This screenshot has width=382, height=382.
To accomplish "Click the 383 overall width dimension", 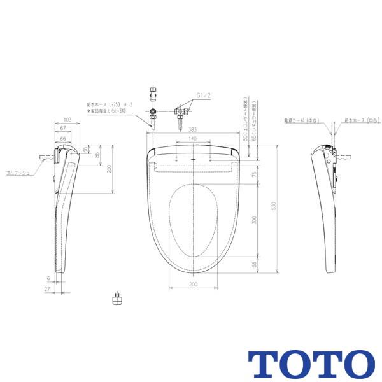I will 192,129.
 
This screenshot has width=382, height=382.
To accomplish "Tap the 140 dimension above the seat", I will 192,138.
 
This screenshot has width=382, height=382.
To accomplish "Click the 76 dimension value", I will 253,174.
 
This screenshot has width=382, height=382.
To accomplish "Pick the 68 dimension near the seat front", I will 253,264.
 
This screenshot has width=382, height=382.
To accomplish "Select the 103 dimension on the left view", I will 67,119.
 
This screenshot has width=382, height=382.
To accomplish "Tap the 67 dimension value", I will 63,128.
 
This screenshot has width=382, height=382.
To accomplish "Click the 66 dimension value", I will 63,138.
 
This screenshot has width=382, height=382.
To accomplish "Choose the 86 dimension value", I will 97,155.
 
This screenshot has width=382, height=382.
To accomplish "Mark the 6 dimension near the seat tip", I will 48,278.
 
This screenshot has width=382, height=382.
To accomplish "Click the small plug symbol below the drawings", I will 116,299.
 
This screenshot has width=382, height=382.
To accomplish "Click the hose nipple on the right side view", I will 344,155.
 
